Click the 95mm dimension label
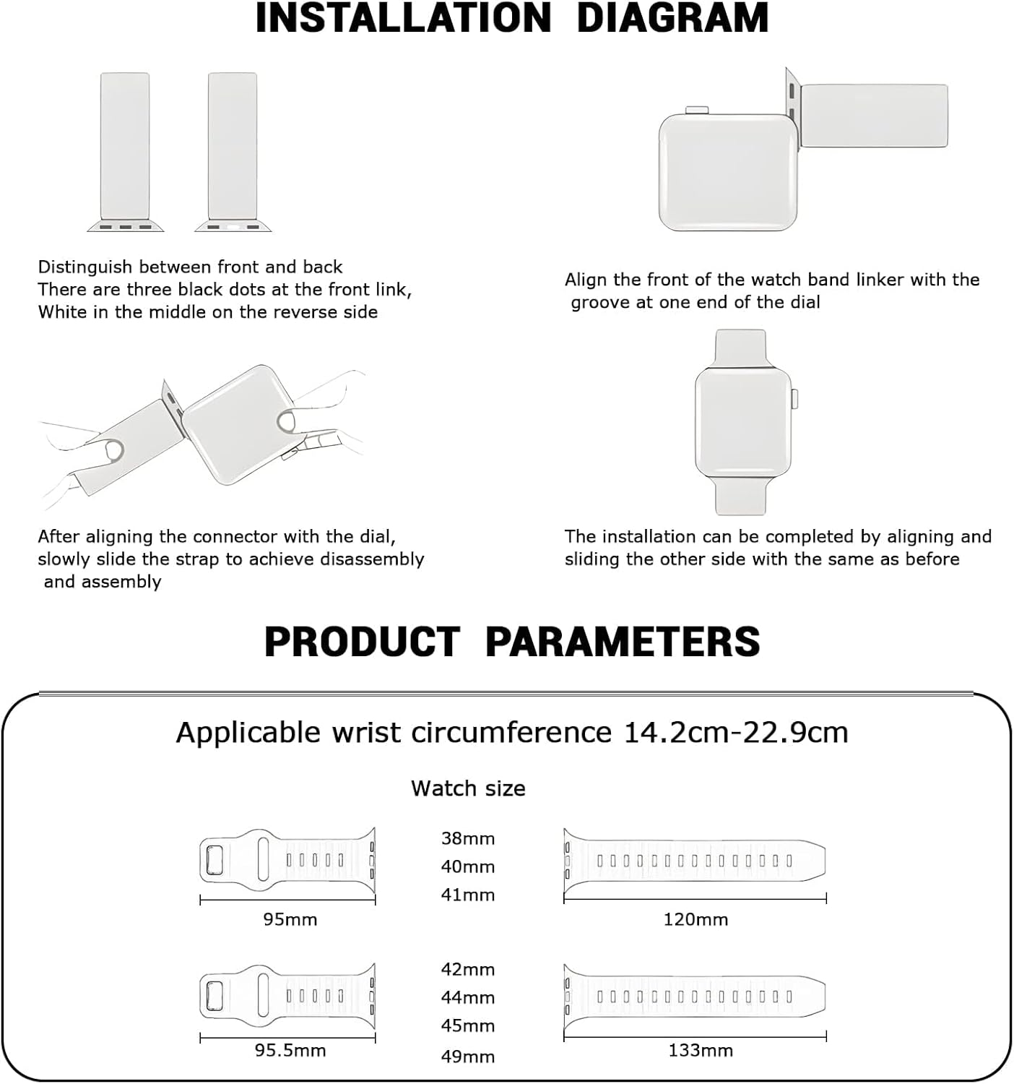(x=290, y=919)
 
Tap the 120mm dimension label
(x=695, y=919)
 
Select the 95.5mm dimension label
(x=290, y=1050)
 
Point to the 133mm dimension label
(x=700, y=1050)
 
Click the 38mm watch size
(x=468, y=838)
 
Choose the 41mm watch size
(x=468, y=895)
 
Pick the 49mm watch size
(x=468, y=1057)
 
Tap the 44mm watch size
(x=468, y=997)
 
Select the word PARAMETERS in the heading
(x=623, y=641)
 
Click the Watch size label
(x=468, y=788)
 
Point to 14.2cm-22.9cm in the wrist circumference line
(x=735, y=733)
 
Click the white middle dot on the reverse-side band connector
(x=233, y=227)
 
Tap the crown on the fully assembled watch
(x=795, y=398)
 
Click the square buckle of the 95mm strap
(x=215, y=860)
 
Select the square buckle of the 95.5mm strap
(x=215, y=995)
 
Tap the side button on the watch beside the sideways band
(x=697, y=110)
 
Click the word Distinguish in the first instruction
(x=85, y=267)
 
